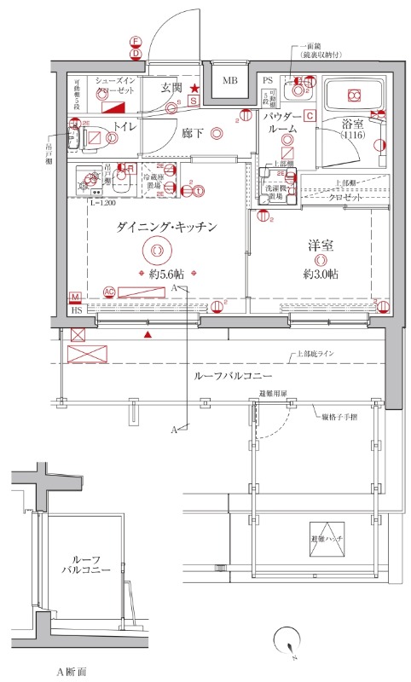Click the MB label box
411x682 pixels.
click(x=229, y=82)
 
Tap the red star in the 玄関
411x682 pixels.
click(x=194, y=87)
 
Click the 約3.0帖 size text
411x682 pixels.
click(x=321, y=275)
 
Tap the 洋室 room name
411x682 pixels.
click(x=321, y=246)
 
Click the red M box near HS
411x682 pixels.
click(x=75, y=298)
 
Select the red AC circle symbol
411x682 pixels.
click(x=108, y=291)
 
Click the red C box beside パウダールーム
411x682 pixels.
click(x=310, y=115)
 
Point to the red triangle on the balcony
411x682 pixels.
click(x=150, y=336)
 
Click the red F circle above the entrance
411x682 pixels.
click(x=135, y=41)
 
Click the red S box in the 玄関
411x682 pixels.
click(x=194, y=101)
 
